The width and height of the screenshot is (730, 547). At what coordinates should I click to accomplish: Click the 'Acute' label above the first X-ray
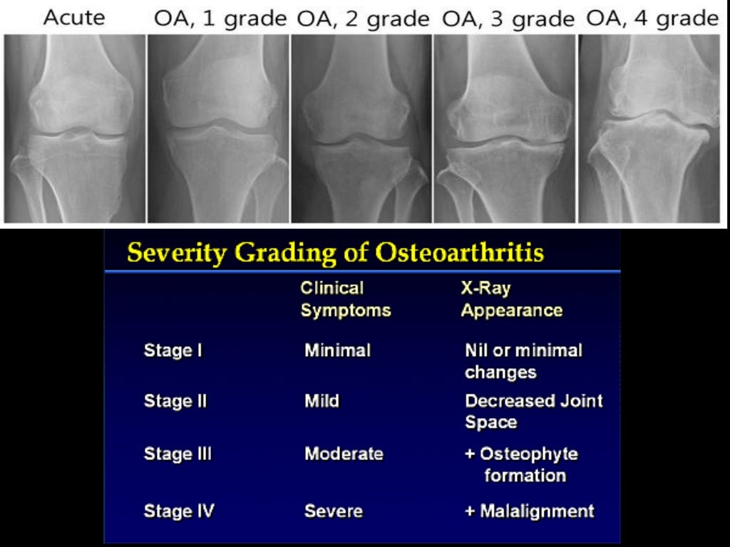(x=73, y=18)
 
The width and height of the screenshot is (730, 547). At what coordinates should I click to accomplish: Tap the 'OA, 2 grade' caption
(x=364, y=18)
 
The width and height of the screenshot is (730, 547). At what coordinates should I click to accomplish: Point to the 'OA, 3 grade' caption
(x=508, y=18)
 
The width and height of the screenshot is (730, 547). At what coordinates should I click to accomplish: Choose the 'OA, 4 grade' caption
(x=652, y=18)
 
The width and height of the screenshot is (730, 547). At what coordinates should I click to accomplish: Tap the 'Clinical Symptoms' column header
(x=345, y=299)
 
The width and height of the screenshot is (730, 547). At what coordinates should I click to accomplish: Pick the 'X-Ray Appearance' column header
(x=511, y=299)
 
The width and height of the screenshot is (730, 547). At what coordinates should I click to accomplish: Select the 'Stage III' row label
(x=178, y=454)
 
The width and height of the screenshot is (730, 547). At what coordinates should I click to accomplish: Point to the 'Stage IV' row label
(x=178, y=511)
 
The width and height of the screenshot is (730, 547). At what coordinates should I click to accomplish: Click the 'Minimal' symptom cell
(x=337, y=350)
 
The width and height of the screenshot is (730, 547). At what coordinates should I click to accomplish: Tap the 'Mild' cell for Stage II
(x=322, y=401)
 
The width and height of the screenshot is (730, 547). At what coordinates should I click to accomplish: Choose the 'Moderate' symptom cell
(x=344, y=454)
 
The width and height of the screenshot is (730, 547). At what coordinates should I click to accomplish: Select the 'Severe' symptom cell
(x=334, y=511)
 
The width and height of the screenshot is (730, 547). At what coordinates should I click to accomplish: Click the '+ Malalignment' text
(x=529, y=511)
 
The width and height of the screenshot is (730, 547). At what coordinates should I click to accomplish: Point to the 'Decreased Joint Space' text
(x=533, y=411)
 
